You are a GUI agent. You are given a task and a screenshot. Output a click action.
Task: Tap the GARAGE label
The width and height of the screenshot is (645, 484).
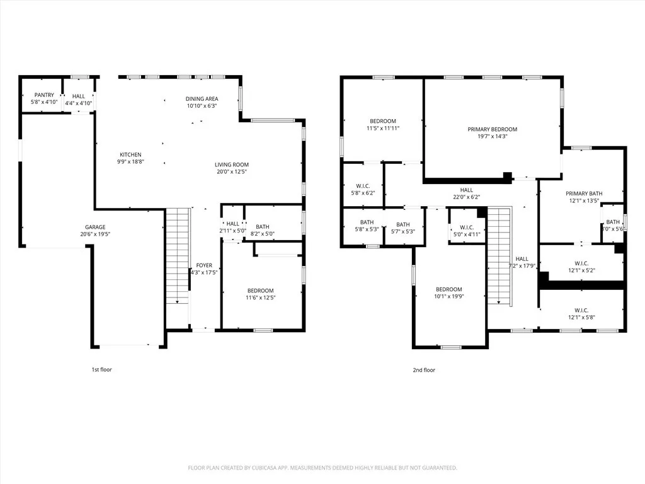[x=95, y=227]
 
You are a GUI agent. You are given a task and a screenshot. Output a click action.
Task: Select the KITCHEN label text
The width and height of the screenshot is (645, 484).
[x=131, y=154]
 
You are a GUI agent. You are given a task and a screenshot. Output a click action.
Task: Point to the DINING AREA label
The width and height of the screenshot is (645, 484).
[x=202, y=99]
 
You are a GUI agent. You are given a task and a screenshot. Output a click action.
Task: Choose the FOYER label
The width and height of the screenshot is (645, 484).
[x=204, y=265]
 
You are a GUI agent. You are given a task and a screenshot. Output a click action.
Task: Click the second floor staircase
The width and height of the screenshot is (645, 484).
[x=499, y=255]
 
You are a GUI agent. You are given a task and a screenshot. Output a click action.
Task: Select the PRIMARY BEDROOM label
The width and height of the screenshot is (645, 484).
[x=492, y=129]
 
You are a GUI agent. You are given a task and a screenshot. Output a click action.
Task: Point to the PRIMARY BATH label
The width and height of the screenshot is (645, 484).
[x=584, y=193]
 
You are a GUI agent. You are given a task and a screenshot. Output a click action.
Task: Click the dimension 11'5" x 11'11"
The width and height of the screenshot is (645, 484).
[x=383, y=128]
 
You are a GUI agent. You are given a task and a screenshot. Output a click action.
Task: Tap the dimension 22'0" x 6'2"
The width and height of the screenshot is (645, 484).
[x=466, y=197]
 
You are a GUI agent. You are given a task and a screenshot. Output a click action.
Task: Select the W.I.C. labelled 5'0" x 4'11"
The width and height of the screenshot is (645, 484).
[x=466, y=234]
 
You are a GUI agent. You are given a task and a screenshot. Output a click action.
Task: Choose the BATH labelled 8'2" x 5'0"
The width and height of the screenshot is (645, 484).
[x=263, y=234]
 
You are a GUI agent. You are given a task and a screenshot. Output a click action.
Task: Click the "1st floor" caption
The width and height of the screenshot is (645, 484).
[x=101, y=369]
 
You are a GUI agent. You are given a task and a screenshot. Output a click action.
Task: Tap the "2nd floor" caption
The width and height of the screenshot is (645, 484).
[x=425, y=370]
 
